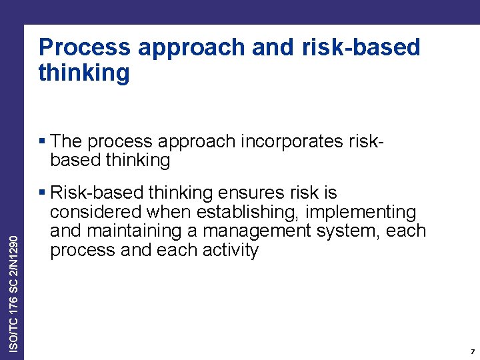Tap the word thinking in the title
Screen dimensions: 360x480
[x=84, y=73]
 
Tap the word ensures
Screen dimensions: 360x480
[x=252, y=193]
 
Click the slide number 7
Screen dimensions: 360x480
[x=471, y=351]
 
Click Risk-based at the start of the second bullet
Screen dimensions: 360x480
[x=97, y=193]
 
